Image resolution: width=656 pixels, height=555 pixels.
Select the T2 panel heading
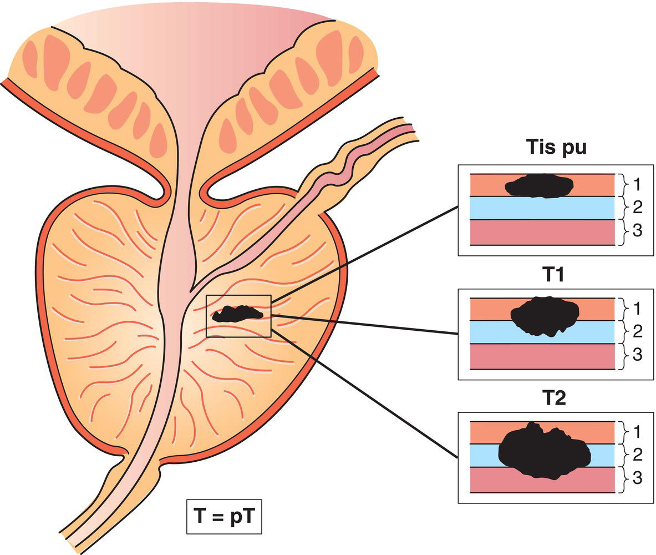551,399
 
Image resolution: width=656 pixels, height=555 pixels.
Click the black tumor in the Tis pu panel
539,186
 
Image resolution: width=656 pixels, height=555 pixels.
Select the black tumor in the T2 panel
543,451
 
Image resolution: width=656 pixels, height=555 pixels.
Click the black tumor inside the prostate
237,314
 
